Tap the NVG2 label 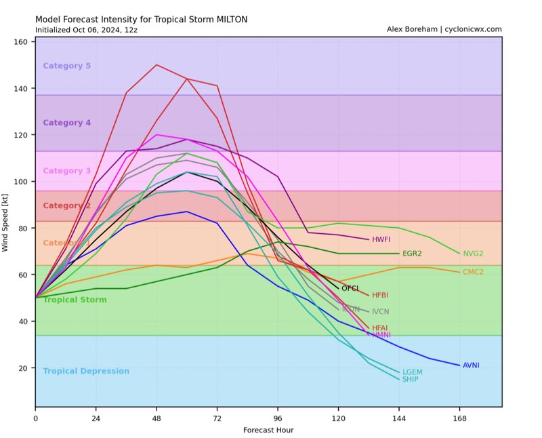pyautogui.click(x=472, y=254)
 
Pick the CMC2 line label pyautogui.click(x=472, y=272)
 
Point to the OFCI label pyautogui.click(x=350, y=289)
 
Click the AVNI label pyautogui.click(x=471, y=365)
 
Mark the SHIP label pyautogui.click(x=410, y=380)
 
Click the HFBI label pyautogui.click(x=381, y=295)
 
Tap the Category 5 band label pyautogui.click(x=66, y=66)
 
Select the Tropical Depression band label pyautogui.click(x=86, y=372)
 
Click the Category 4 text pyautogui.click(x=66, y=123)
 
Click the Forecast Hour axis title pyautogui.click(x=268, y=430)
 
